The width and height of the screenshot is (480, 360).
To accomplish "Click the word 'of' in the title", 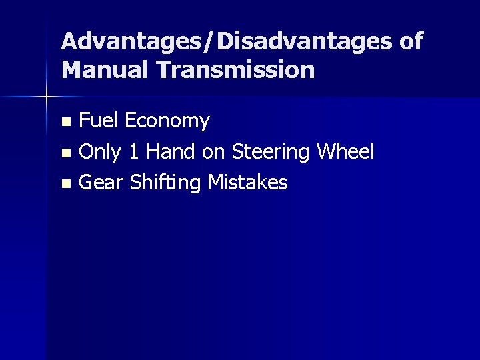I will click(x=408, y=42).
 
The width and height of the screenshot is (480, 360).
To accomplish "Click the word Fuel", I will click(x=99, y=121).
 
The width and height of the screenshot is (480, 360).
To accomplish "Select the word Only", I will click(x=100, y=153).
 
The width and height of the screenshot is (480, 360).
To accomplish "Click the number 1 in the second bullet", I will click(x=135, y=152).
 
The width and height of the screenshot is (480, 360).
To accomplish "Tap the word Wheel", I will click(x=346, y=152).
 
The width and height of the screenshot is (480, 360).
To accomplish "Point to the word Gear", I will click(x=101, y=182).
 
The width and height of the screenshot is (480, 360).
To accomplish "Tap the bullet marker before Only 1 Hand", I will click(x=65, y=153).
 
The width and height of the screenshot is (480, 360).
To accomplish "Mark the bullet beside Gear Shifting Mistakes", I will click(x=65, y=183).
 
